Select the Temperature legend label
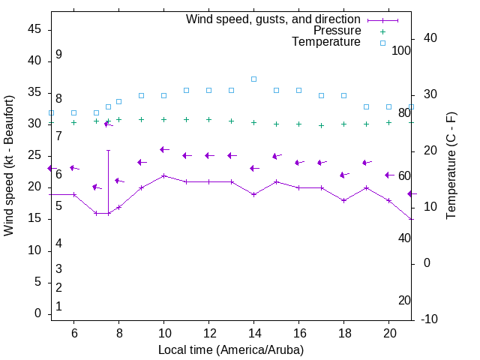pos(326,42)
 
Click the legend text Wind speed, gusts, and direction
pos(273,19)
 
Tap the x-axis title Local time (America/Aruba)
pos(231,349)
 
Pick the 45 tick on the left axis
pos(34,28)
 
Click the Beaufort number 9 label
pos(58,55)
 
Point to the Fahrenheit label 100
pos(402,50)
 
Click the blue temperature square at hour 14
pos(253,79)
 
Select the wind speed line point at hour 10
pos(163,175)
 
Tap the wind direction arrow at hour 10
pos(164,149)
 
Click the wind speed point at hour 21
pos(411,219)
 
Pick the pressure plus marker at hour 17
pos(321,125)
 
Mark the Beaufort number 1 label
pos(58,306)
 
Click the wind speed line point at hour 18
pos(343,200)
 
